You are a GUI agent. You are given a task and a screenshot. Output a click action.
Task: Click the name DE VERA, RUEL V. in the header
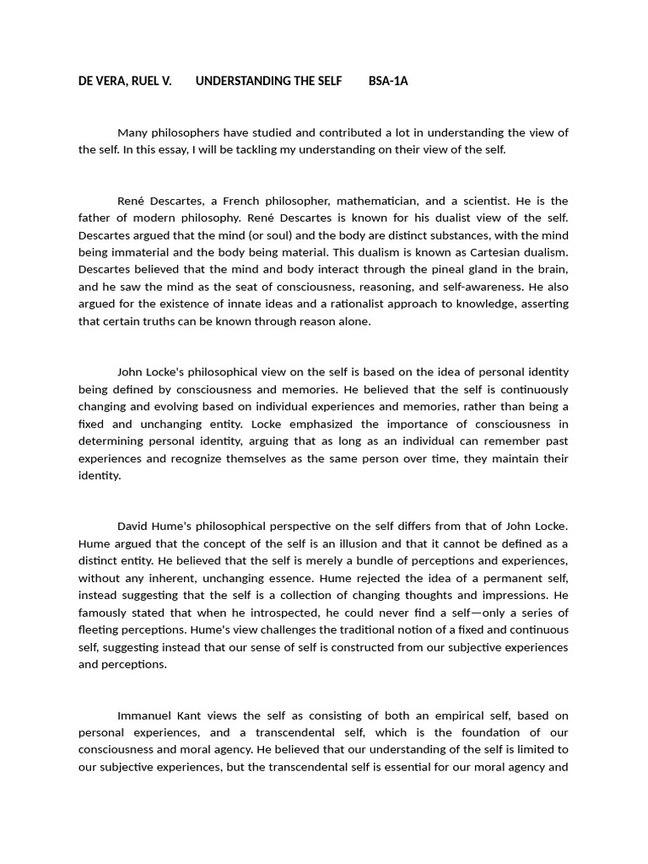(125, 81)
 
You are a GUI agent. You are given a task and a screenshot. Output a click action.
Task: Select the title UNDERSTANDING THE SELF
(268, 81)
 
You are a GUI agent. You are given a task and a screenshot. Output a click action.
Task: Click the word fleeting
(99, 629)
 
